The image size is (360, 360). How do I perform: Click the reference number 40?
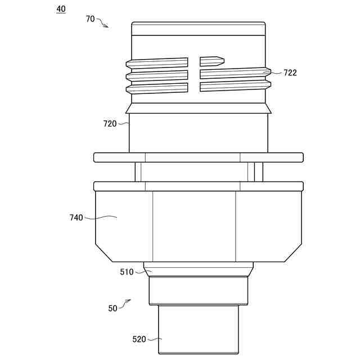point(61,9)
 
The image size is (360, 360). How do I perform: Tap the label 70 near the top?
point(90,19)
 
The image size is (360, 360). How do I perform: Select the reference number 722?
point(290,73)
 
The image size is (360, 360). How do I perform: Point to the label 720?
point(110,124)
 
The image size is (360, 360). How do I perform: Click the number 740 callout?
point(76,218)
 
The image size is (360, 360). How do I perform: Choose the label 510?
point(127,272)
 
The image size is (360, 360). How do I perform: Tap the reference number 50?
point(112,308)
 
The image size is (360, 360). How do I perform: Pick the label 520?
point(139,339)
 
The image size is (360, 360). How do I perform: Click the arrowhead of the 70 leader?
point(106,26)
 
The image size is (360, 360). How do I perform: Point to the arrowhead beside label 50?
point(129,300)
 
